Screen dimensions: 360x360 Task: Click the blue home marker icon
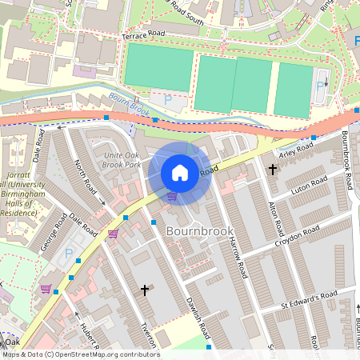[x=180, y=173]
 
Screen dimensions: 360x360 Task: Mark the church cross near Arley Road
[x=272, y=170]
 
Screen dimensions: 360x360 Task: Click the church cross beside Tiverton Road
[x=145, y=290]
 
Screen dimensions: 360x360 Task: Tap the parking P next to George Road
[x=69, y=255]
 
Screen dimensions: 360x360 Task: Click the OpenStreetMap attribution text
[x=80, y=354]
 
